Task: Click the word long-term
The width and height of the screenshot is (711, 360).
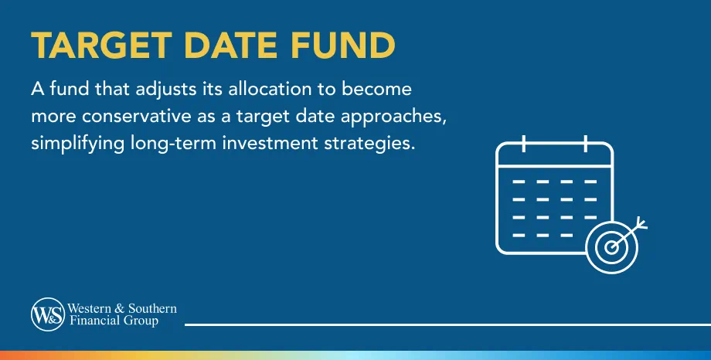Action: [167, 145]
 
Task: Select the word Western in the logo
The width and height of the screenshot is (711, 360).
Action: [87, 309]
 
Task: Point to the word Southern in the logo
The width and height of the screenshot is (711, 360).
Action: [152, 309]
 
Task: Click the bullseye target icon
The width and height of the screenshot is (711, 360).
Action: [611, 246]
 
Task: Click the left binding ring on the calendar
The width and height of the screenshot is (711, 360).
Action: [524, 144]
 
